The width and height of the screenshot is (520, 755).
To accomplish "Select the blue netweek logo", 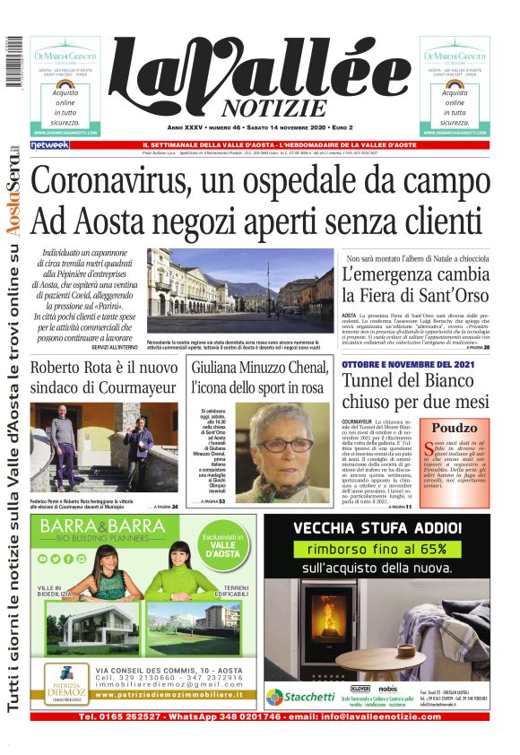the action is click(x=49, y=144).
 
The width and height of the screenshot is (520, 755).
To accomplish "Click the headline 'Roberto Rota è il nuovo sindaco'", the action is click(x=105, y=378).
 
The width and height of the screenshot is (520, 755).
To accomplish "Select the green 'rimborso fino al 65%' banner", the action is click(x=377, y=547).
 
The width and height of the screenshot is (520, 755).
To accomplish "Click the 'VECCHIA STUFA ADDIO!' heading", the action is click(x=377, y=526).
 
